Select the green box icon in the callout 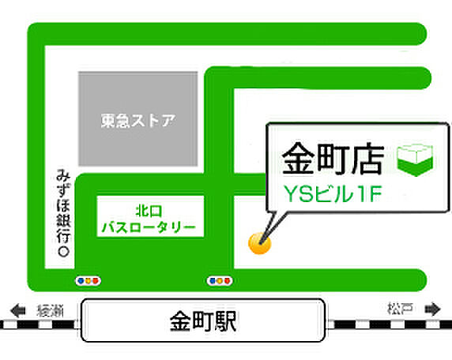414,159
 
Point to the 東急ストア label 137,122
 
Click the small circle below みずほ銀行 62,251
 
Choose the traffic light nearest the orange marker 219,280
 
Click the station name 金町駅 204,321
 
